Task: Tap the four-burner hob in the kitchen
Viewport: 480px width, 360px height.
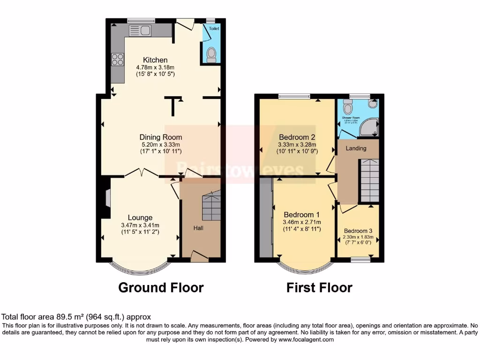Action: (118, 60)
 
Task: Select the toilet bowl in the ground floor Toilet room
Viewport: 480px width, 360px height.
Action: (211, 55)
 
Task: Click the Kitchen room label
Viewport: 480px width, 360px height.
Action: (155, 60)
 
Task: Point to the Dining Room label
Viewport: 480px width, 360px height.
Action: (161, 137)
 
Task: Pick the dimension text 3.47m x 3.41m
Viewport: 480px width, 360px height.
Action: (140, 225)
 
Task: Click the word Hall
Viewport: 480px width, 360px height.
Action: (199, 228)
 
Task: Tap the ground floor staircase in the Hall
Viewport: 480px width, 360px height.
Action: (210, 207)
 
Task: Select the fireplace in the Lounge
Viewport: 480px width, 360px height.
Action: (107, 197)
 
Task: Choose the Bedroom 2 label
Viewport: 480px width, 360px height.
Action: (297, 137)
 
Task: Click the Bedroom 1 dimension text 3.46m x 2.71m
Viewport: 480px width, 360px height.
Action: (302, 222)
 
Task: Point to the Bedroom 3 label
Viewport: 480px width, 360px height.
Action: (359, 231)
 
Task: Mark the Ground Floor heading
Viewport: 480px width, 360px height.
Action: (161, 287)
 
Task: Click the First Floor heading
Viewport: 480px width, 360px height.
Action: (319, 287)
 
